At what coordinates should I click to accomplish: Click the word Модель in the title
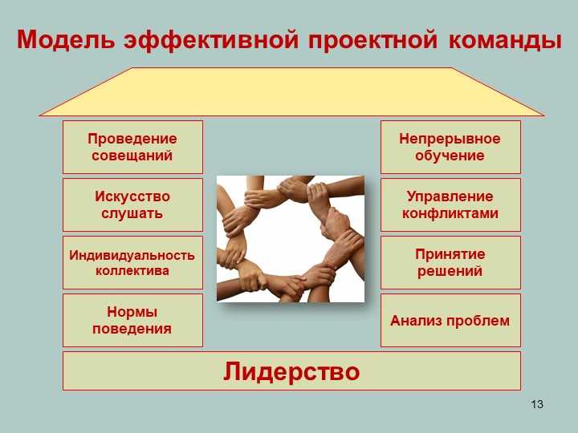[x=66, y=40]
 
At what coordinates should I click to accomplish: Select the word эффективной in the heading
[x=211, y=41]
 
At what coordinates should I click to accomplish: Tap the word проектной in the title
[x=372, y=41]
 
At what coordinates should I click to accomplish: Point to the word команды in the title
[x=505, y=41]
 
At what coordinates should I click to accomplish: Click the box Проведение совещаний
[x=132, y=147]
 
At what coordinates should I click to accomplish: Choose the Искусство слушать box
[x=132, y=204]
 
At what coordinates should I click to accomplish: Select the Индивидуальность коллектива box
[x=132, y=262]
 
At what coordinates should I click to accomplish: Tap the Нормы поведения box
[x=132, y=320]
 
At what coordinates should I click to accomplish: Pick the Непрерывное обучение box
[x=450, y=147]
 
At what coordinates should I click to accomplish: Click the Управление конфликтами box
[x=450, y=204]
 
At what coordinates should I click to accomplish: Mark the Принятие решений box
[x=450, y=262]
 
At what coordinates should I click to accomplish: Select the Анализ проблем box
[x=450, y=320]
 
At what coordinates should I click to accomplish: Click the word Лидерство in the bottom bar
[x=291, y=371]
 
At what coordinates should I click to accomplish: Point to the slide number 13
[x=537, y=404]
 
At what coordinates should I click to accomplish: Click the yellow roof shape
[x=291, y=91]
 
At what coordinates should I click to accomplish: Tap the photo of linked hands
[x=291, y=239]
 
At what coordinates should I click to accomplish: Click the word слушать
[x=132, y=213]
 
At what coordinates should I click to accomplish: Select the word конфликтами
[x=450, y=213]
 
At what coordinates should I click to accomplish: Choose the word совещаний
[x=132, y=156]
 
